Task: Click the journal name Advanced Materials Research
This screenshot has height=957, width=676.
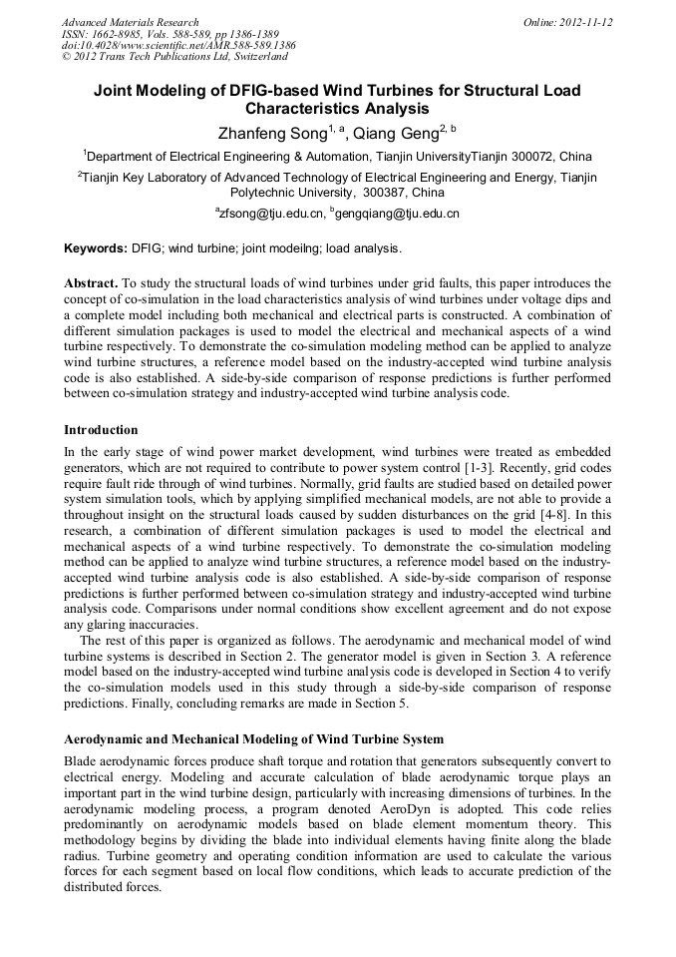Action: coord(130,22)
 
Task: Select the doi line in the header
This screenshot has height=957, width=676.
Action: coord(178,46)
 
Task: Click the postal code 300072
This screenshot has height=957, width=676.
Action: coord(530,157)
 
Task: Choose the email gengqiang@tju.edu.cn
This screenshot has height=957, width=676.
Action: coord(399,214)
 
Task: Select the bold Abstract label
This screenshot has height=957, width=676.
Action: coord(92,283)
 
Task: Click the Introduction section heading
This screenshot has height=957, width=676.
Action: coord(101,430)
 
